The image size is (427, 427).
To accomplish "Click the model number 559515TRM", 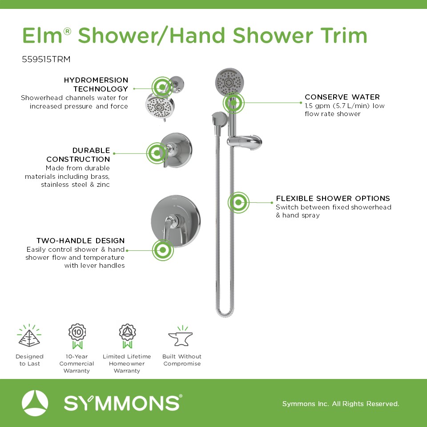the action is click(46, 59).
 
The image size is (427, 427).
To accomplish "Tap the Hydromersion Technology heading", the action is click(96, 85).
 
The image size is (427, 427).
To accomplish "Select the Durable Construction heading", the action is click(78, 155).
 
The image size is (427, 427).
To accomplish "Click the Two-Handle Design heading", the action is click(81, 241).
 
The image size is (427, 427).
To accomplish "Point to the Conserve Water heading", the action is click(342, 97).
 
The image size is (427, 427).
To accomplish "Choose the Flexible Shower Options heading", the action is click(333, 198).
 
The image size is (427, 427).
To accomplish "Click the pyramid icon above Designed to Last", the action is click(29, 336).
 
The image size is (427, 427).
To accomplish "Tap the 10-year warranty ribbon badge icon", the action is click(77, 336).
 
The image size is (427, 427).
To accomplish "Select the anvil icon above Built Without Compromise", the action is click(181, 336).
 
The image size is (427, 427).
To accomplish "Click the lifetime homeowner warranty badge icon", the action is click(127, 336).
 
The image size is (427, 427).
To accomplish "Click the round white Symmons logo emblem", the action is click(35, 403).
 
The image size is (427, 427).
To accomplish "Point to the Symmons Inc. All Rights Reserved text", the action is click(341, 403).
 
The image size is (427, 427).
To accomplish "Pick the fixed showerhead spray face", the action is click(160, 106).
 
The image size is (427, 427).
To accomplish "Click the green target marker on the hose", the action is click(238, 202).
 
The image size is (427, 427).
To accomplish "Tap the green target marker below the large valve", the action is click(163, 250).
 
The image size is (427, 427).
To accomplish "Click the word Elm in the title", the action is click(43, 36).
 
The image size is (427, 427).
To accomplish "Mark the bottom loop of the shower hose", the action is click(225, 313).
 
